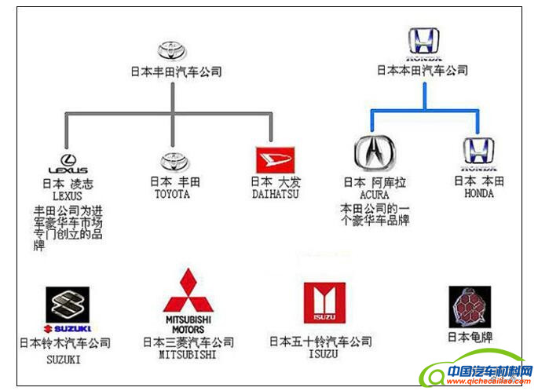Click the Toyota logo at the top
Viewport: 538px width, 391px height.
coord(170,50)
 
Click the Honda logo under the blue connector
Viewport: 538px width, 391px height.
coord(478,154)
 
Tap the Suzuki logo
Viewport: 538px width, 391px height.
coord(68,309)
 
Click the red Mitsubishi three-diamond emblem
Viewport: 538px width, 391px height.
coord(188,291)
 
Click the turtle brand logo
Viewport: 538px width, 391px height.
coord(470,306)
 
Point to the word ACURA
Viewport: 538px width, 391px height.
coord(374,194)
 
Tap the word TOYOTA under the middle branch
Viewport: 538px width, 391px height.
coord(171,194)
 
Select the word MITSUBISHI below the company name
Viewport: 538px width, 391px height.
coord(188,354)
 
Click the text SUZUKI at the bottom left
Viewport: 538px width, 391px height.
coord(64,360)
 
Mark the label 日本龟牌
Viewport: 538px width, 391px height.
coord(469,338)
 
